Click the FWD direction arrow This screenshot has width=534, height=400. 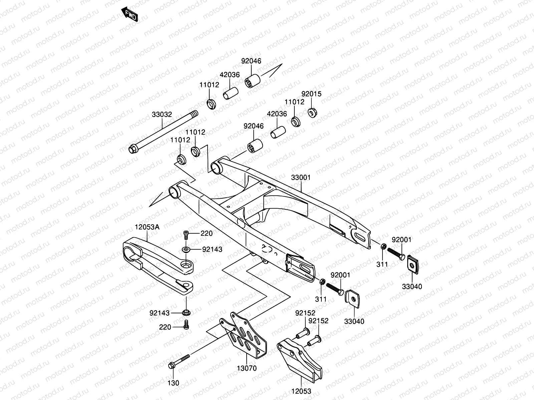[x=129, y=14]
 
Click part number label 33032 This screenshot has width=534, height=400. [x=162, y=115]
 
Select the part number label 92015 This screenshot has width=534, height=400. [x=311, y=94]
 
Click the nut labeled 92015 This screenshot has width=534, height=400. [x=312, y=112]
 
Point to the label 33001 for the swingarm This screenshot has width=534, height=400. [x=300, y=178]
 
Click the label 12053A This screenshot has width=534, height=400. [x=147, y=227]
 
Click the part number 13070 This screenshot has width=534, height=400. [x=247, y=368]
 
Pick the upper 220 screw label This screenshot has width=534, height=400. [x=207, y=233]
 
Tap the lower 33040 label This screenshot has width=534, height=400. [x=354, y=322]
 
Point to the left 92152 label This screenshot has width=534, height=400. [x=305, y=313]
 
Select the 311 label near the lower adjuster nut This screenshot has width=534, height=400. [x=321, y=299]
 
